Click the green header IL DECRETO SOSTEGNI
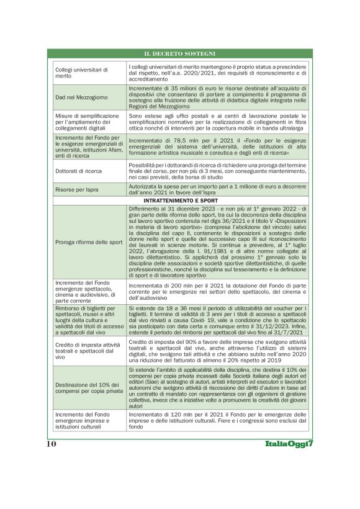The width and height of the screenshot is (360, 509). click(179, 53)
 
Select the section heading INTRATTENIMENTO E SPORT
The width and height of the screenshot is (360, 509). click(179, 201)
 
